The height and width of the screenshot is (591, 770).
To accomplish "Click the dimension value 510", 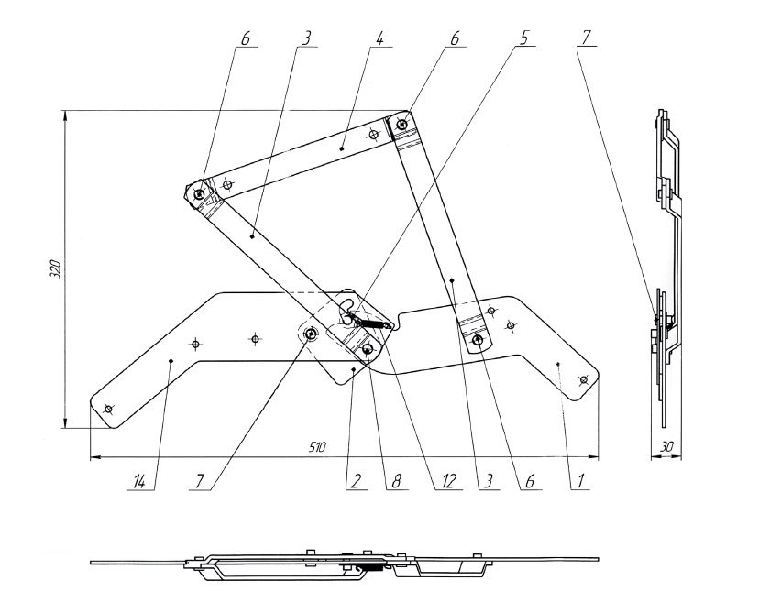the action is pos(317,447).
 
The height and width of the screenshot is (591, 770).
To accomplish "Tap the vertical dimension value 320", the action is pos(56,269).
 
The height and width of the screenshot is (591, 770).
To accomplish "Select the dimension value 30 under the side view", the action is pos(665,447).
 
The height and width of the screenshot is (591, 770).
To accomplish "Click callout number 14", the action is pos(139,482).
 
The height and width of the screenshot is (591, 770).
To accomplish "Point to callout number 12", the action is pos(449,481).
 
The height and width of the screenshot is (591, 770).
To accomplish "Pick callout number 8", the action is pos(397,482).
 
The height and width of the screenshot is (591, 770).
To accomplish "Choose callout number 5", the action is pos(524,38).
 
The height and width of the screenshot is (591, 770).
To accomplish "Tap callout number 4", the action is pos(379,38).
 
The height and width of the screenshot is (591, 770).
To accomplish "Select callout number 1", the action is pos(580,482).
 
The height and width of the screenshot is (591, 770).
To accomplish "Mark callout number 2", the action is pos(356,482).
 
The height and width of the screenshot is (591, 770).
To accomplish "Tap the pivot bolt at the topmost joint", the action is pos(402,125).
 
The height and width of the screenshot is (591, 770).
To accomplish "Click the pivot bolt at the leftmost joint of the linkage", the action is pos(199,195).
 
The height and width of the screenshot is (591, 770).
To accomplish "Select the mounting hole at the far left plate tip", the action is pos(108,409).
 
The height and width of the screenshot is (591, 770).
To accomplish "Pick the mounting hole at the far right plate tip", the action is pos(583,380).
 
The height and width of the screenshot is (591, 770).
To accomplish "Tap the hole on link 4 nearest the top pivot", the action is pos(374,134).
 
